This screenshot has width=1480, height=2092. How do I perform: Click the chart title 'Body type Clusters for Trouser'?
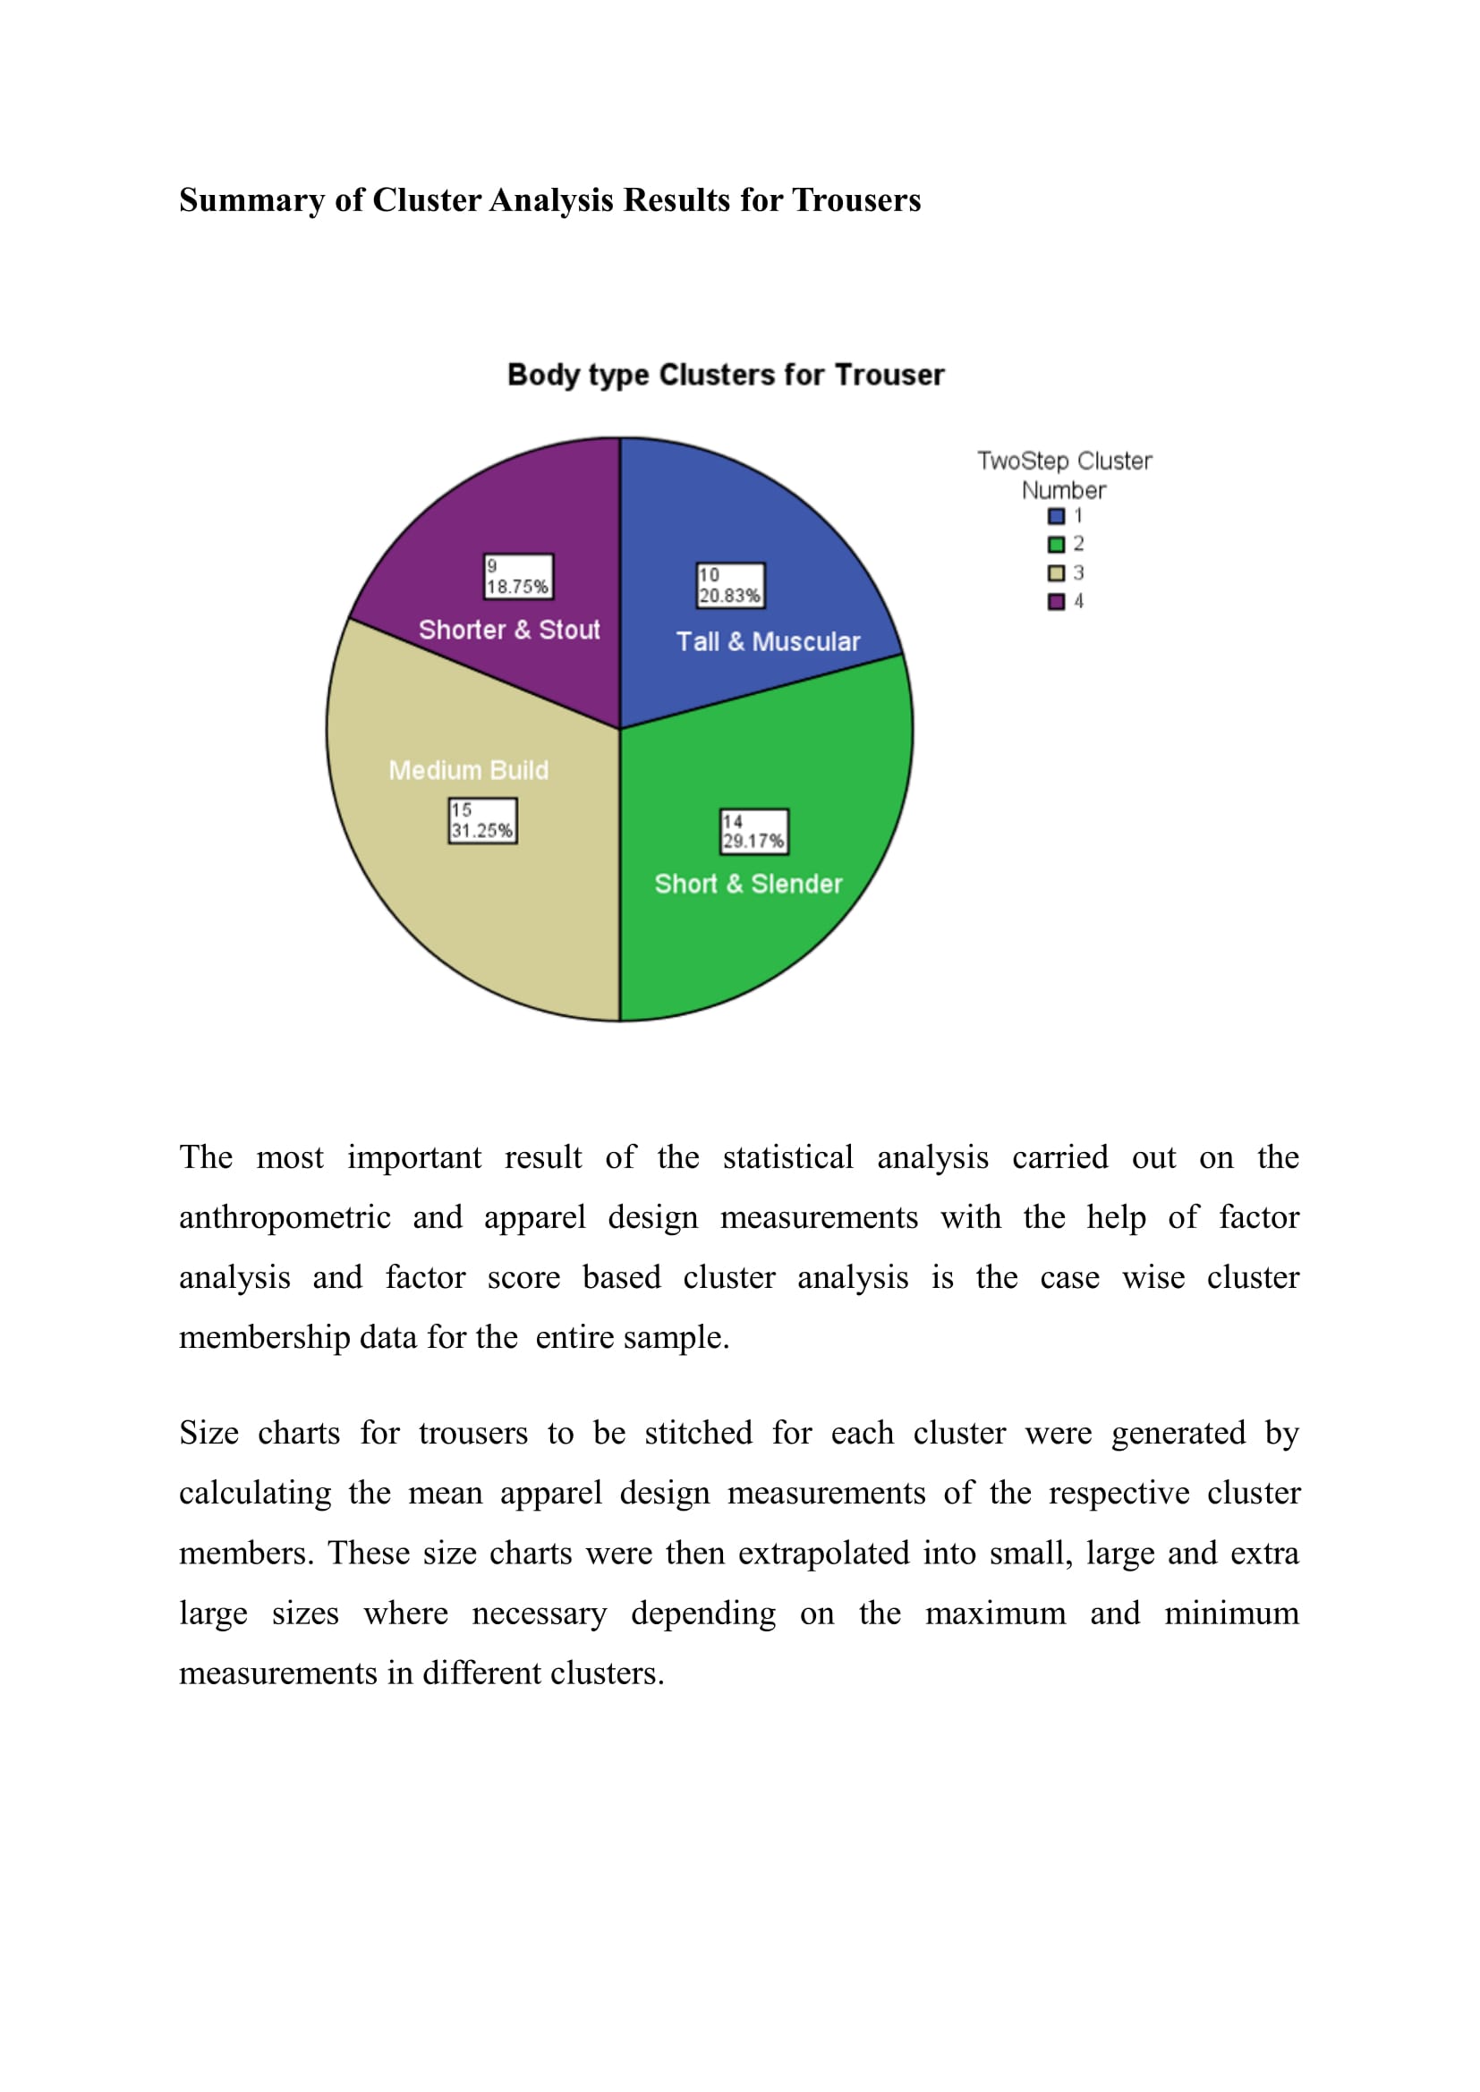click(x=726, y=375)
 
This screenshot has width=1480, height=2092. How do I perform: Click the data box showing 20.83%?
click(x=730, y=586)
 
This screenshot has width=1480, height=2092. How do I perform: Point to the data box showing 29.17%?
click(x=753, y=832)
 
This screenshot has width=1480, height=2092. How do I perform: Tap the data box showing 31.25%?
click(x=482, y=821)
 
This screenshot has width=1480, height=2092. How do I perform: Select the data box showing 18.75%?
click(x=517, y=577)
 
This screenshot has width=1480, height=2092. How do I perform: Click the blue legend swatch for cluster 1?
click(x=1056, y=517)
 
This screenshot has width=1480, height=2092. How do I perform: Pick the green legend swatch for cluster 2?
click(x=1056, y=545)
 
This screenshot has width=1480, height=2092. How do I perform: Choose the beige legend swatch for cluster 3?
click(x=1056, y=573)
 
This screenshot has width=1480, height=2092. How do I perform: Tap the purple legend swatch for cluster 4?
click(x=1056, y=601)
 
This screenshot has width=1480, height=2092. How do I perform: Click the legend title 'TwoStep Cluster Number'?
click(x=1064, y=475)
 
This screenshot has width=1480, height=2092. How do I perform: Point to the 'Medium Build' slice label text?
click(x=468, y=771)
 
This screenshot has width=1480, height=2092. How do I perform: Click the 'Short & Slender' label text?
click(x=748, y=884)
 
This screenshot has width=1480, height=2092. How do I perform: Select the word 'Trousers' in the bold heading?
click(x=855, y=200)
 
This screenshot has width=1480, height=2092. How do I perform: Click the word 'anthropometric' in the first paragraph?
click(x=285, y=1217)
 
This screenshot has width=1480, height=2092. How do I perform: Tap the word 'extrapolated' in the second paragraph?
click(x=823, y=1553)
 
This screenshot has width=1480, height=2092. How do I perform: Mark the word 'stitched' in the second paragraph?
click(x=698, y=1433)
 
